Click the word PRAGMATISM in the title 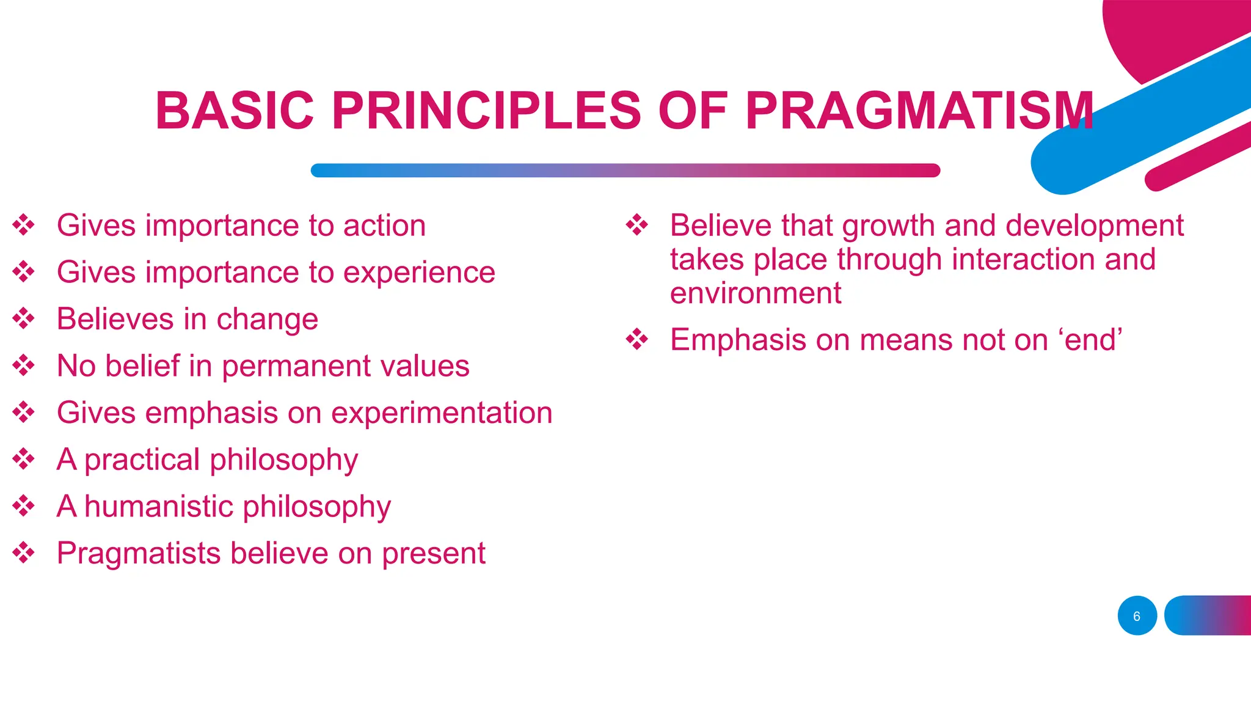pyautogui.click(x=919, y=111)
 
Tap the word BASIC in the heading pyautogui.click(x=235, y=111)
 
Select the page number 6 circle pyautogui.click(x=1137, y=615)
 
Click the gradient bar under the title pyautogui.click(x=625, y=170)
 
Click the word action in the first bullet pyautogui.click(x=384, y=226)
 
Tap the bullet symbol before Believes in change pyautogui.click(x=24, y=318)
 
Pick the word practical pyautogui.click(x=142, y=460)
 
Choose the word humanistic pyautogui.click(x=159, y=507)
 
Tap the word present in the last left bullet pyautogui.click(x=433, y=554)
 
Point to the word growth pyautogui.click(x=888, y=226)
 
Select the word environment pyautogui.click(x=755, y=293)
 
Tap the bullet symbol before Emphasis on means pyautogui.click(x=637, y=339)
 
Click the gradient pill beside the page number pyautogui.click(x=1208, y=615)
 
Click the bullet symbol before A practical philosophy pyautogui.click(x=24, y=459)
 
